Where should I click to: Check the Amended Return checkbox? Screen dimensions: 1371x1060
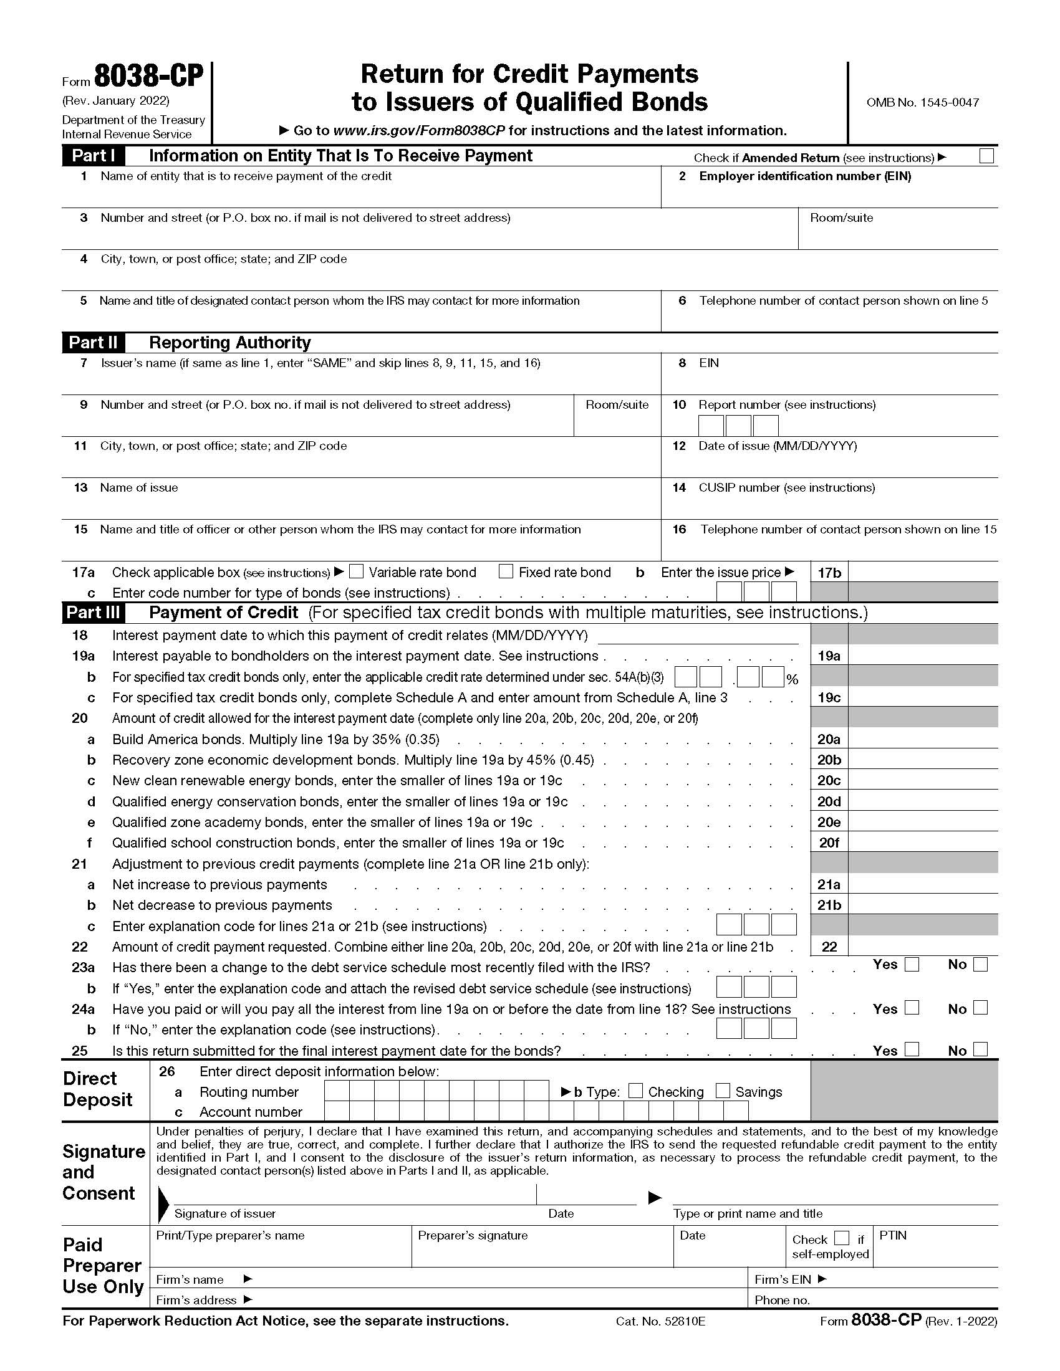(x=986, y=156)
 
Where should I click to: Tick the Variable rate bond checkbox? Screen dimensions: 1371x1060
(x=356, y=571)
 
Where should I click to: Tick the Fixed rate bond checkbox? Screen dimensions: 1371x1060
(x=506, y=571)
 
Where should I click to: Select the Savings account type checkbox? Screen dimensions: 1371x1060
(x=723, y=1091)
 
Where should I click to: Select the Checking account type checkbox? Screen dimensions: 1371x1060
(x=635, y=1091)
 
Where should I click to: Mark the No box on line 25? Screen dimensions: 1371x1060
(x=980, y=1049)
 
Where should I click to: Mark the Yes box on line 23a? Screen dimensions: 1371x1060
(x=912, y=964)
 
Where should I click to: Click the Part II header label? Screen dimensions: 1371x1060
(x=93, y=343)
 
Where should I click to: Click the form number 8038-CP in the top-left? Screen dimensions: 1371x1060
(x=149, y=77)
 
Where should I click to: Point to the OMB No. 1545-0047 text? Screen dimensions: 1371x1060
(x=922, y=103)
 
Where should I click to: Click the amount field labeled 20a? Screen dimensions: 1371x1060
(x=922, y=739)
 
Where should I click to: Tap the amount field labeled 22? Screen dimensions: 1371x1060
(x=922, y=947)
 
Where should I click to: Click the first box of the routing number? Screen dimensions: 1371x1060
(x=337, y=1091)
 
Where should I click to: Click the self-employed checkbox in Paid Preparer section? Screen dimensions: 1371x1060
(x=842, y=1238)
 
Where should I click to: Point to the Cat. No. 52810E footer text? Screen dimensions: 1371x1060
(x=660, y=1321)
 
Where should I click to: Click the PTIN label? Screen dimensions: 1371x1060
(x=892, y=1235)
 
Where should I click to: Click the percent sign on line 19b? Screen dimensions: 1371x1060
(x=793, y=680)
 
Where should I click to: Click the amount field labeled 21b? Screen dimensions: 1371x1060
(x=922, y=905)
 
